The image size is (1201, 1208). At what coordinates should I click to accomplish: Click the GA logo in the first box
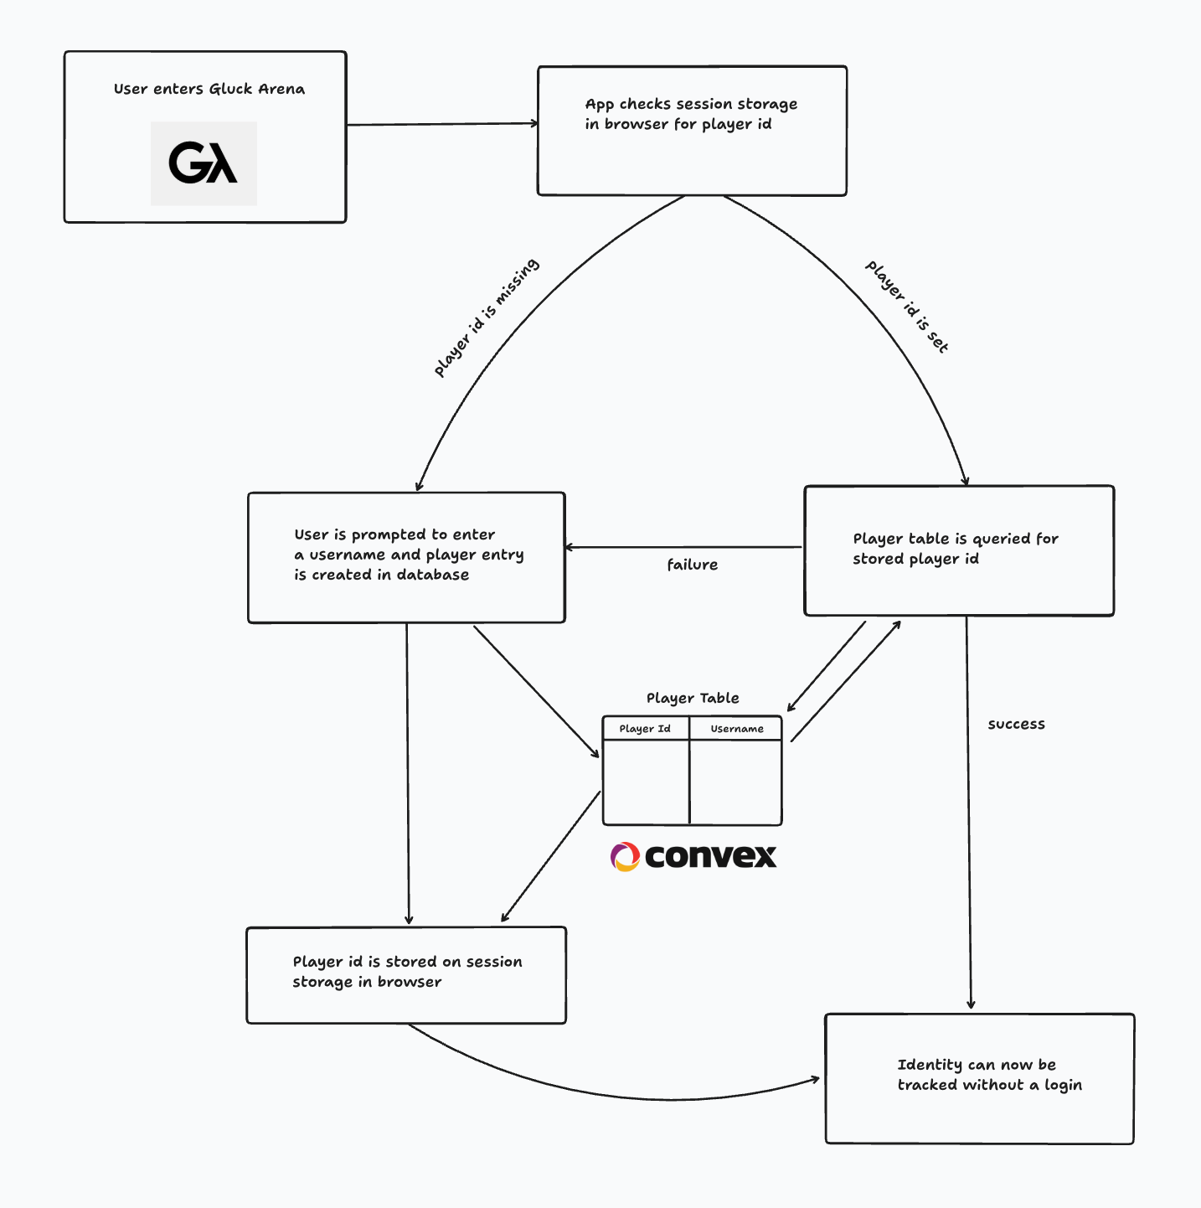tap(204, 163)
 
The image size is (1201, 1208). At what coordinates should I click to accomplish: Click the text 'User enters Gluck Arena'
tap(209, 89)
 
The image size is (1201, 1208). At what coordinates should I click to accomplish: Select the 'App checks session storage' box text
tap(691, 114)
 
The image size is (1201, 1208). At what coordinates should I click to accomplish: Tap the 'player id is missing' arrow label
tap(487, 317)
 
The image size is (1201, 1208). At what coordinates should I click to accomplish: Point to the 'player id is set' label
tap(907, 307)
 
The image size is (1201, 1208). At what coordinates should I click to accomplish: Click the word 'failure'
tap(693, 565)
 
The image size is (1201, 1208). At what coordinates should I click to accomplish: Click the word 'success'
tap(1016, 724)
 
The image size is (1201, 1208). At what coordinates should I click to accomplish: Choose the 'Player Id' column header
tap(645, 729)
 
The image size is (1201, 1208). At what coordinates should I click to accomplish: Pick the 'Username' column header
tap(737, 729)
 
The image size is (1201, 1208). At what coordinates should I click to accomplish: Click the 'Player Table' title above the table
tap(693, 698)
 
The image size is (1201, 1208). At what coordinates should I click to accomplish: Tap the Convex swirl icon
tap(625, 857)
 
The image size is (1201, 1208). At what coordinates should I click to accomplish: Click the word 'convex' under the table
tap(711, 856)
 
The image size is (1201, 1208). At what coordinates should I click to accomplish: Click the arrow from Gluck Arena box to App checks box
tap(442, 124)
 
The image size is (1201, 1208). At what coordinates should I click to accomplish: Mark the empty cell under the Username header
tap(736, 782)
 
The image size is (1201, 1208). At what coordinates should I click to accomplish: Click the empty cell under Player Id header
tap(646, 782)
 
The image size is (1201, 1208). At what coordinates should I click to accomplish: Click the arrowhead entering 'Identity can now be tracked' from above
tap(972, 1004)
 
